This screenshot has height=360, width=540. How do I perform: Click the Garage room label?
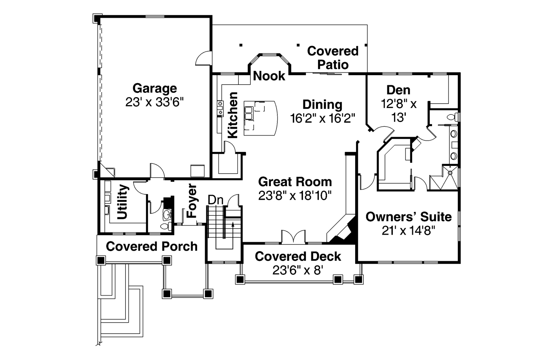[154, 89]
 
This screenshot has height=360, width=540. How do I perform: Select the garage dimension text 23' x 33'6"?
[154, 102]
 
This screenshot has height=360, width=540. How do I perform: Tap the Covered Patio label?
[333, 58]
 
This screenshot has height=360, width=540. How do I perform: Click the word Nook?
[270, 76]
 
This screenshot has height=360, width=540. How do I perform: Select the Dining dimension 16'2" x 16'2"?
[322, 118]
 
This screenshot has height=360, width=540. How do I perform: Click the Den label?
[398, 90]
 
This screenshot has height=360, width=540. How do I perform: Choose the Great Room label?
[295, 182]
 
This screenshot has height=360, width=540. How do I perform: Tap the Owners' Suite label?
[408, 217]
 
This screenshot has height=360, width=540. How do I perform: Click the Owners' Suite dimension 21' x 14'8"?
[408, 230]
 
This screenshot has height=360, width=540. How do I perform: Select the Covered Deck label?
[298, 256]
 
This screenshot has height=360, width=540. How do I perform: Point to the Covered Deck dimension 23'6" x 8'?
[298, 270]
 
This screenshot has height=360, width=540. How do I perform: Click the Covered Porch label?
[151, 246]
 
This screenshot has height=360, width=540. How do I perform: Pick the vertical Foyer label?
[192, 200]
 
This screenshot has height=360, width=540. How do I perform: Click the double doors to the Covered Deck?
[293, 237]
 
